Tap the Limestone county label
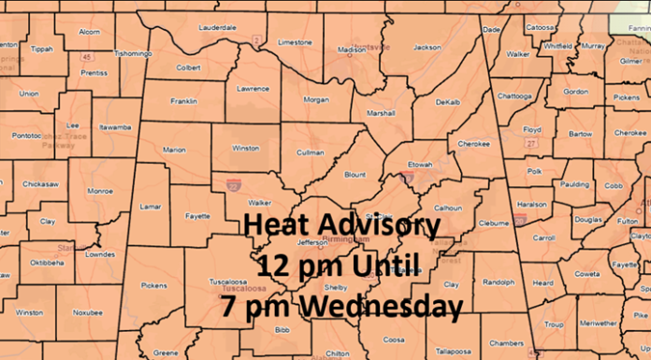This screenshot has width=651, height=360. (295, 42)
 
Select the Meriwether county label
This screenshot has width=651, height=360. (599, 324)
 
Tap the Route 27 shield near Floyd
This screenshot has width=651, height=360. (530, 144)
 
